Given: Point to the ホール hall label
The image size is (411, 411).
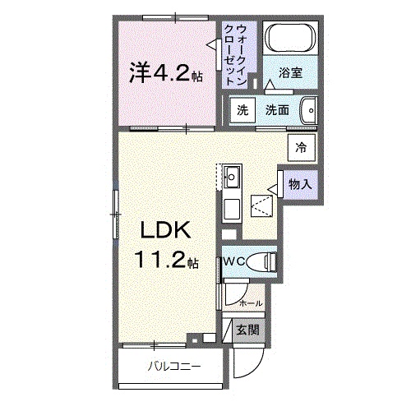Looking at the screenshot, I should [x=250, y=304].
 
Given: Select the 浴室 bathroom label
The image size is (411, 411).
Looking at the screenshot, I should [x=290, y=73].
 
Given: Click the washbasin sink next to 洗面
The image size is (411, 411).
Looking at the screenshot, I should [x=309, y=110].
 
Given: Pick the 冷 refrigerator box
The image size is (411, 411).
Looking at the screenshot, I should [x=301, y=148].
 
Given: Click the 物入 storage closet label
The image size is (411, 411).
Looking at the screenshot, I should [x=300, y=185].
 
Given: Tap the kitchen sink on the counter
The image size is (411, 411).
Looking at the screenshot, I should [x=232, y=175].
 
